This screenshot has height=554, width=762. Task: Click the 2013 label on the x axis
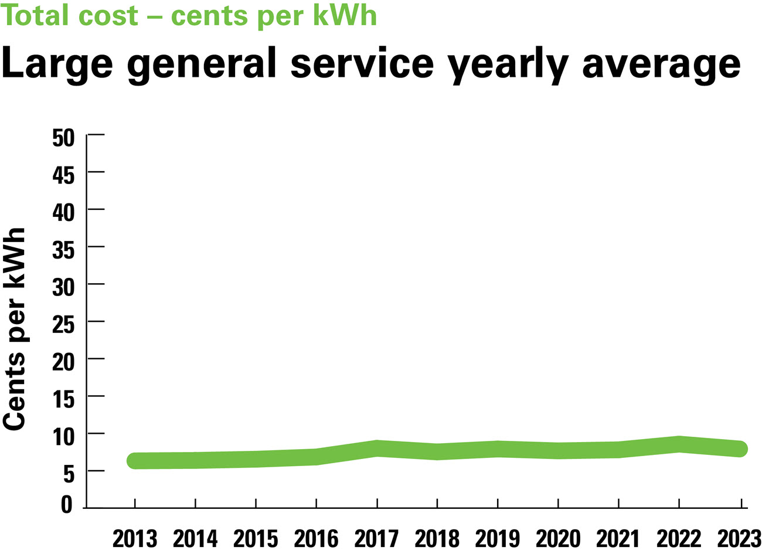(135, 539)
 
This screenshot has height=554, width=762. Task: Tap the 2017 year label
(377, 539)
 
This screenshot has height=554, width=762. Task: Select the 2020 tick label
(558, 539)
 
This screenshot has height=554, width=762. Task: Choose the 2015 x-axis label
(256, 539)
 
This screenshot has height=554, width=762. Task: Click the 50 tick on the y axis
(64, 138)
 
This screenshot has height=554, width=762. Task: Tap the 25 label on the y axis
(64, 324)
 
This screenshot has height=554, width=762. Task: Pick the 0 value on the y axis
(67, 505)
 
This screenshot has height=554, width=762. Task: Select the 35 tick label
(64, 250)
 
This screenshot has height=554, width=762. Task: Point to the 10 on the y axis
(64, 436)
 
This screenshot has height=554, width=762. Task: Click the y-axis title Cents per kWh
(15, 329)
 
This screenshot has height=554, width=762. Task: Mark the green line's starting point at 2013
(135, 460)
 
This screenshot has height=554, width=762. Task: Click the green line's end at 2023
(740, 448)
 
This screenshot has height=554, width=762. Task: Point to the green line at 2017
(377, 448)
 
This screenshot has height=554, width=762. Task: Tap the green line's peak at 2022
(679, 444)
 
